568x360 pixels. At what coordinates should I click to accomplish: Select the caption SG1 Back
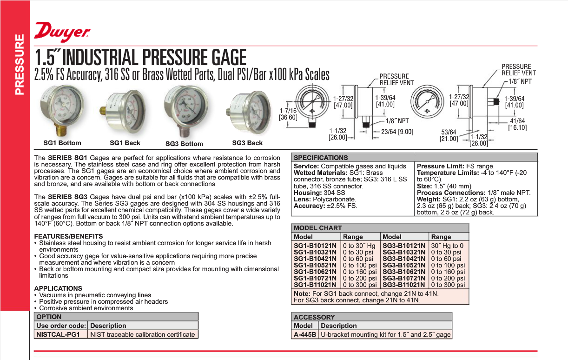point(125,143)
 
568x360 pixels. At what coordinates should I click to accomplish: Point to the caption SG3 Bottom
point(185,144)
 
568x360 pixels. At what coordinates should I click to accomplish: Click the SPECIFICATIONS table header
point(321,158)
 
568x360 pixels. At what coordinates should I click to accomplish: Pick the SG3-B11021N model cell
point(404,285)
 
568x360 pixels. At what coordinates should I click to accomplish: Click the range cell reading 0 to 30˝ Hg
point(359,246)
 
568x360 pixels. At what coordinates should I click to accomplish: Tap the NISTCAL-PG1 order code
point(59,334)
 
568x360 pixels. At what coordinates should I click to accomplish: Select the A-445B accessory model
point(305,334)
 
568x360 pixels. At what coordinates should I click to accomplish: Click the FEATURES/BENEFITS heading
point(68,236)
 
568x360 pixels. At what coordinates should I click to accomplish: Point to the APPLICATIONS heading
point(58,288)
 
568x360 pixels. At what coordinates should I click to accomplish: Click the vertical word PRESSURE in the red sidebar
point(19,65)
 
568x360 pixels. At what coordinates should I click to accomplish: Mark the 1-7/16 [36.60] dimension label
point(288,114)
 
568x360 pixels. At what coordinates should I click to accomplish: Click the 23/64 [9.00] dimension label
point(397,132)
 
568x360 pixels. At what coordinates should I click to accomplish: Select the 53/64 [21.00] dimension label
point(449,135)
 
